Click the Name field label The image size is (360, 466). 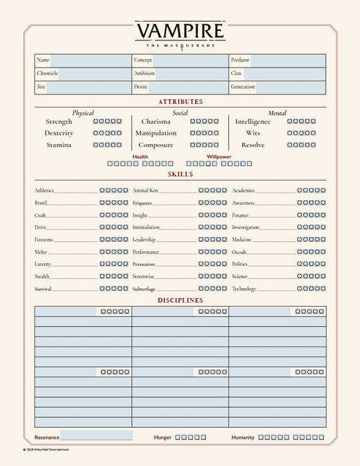click(43, 60)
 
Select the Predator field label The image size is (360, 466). click(240, 60)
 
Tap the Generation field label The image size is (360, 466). click(243, 86)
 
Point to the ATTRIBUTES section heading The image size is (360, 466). click(180, 102)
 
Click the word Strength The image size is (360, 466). click(58, 122)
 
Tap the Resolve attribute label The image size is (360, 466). click(252, 145)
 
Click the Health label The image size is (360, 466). click(140, 156)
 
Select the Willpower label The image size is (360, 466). click(219, 156)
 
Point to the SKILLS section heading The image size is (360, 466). click(180, 174)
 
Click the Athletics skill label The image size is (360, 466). click(44, 191)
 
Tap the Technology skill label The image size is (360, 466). click(244, 289)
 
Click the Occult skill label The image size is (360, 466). click(239, 252)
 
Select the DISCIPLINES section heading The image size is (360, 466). click(180, 300)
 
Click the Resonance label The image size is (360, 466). click(47, 437)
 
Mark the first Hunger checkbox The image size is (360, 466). click(177, 437)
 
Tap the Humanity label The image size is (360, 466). click(243, 437)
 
